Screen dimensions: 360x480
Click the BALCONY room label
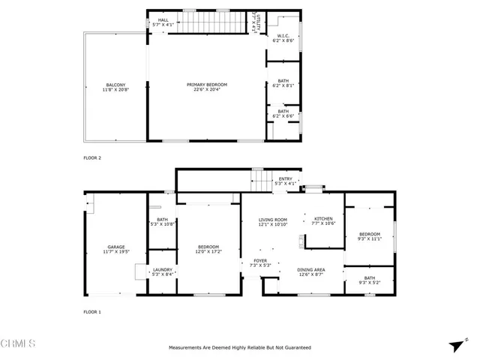coord(115,85)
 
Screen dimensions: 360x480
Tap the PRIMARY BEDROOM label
coord(206,85)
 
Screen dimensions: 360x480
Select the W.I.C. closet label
coord(283,34)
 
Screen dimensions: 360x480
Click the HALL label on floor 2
coord(162,20)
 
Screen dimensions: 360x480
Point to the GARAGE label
coord(115,247)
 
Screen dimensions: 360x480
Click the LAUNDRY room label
coord(163,270)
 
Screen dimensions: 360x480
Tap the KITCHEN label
coord(323,219)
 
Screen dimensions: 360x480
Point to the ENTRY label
coord(285,178)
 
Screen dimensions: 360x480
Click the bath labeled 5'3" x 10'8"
coord(162,222)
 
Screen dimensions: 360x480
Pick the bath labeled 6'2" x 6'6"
coord(283,113)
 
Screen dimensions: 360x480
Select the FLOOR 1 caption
coord(92,311)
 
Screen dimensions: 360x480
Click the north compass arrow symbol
coord(454,345)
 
